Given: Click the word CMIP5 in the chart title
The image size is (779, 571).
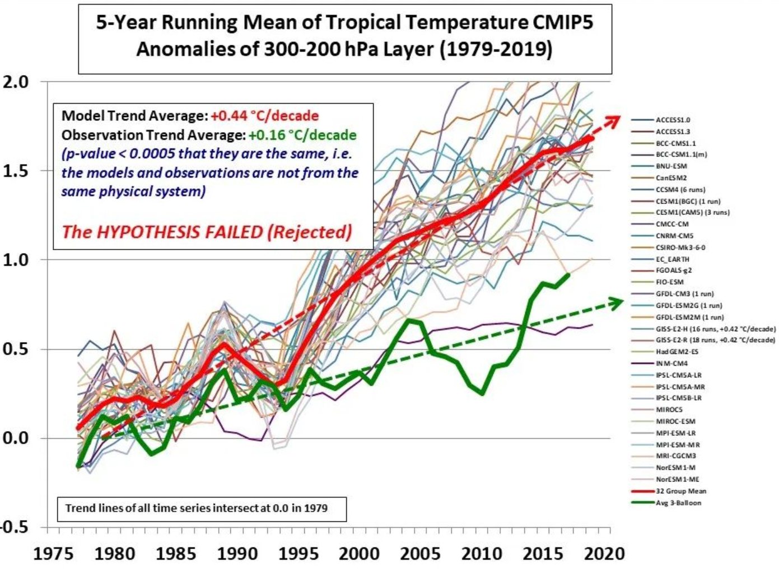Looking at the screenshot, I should click(561, 22).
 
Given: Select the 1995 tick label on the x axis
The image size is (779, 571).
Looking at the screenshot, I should click(298, 554).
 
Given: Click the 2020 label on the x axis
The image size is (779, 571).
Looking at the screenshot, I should click(604, 554).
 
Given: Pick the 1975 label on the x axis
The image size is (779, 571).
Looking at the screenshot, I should click(54, 554).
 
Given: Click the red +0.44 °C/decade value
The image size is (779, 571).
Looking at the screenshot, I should click(265, 116).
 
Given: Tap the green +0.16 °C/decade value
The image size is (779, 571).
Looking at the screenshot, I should click(302, 135).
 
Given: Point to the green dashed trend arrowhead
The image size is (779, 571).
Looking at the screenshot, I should click(617, 303).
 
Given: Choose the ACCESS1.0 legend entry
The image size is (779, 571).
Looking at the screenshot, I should click(673, 120).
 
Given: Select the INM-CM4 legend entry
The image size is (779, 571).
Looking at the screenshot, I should click(671, 363).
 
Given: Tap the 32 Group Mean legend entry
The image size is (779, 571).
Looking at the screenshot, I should click(681, 491).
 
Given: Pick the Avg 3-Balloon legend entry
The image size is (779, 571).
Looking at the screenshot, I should click(678, 503).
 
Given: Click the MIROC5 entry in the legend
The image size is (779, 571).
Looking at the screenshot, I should click(669, 410).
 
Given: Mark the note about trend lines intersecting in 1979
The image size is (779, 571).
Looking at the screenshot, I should click(196, 508).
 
